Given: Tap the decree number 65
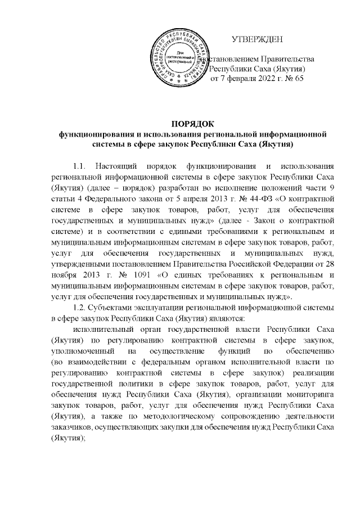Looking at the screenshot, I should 298,79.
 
